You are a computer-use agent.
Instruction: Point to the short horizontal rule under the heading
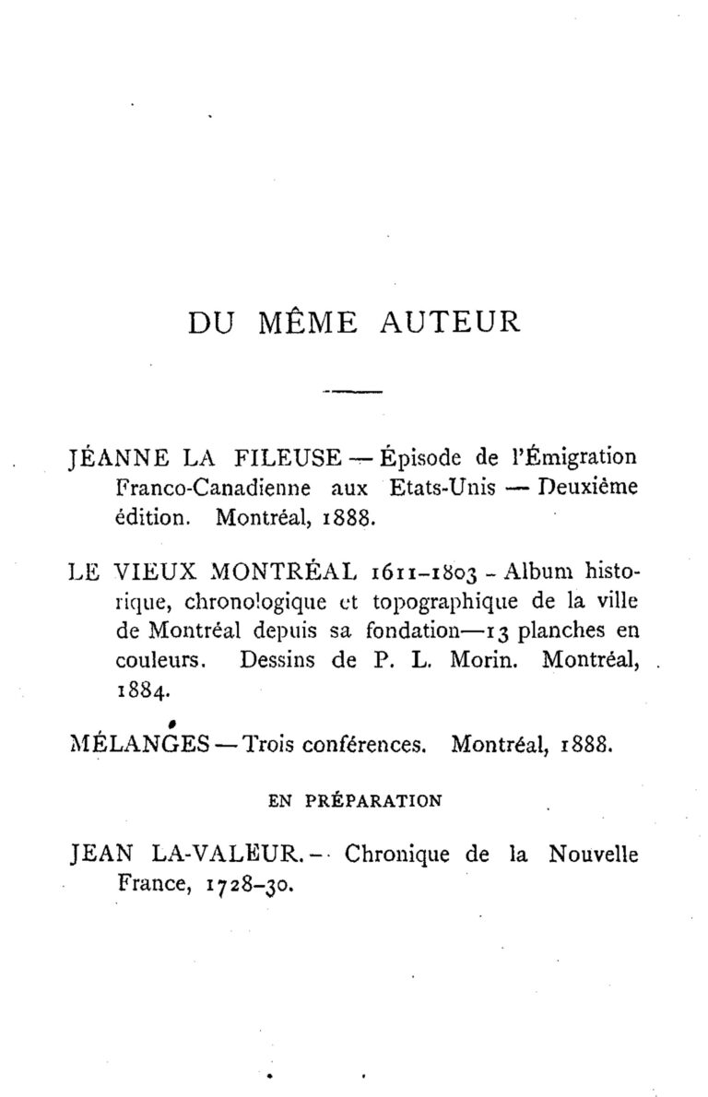pyautogui.click(x=353, y=393)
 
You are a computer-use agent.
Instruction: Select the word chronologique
pyautogui.click(x=244, y=603)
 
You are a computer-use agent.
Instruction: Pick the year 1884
pyautogui.click(x=141, y=690)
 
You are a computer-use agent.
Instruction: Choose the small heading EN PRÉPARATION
pyautogui.click(x=354, y=801)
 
